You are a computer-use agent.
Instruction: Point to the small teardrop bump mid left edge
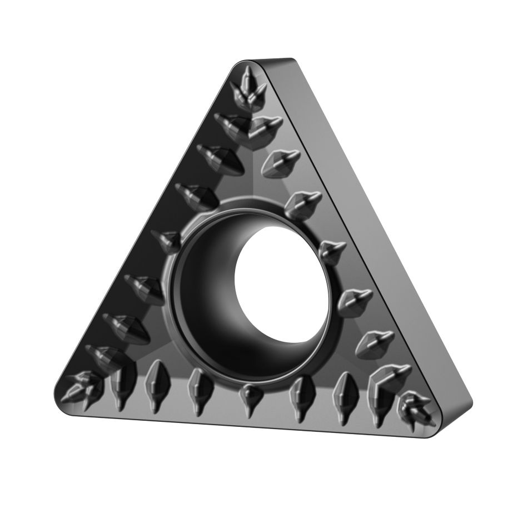click(167, 240)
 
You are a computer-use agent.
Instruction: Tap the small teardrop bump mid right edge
click(332, 250)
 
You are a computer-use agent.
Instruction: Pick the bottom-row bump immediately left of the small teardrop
click(198, 387)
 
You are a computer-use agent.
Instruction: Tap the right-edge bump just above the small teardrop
click(303, 203)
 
